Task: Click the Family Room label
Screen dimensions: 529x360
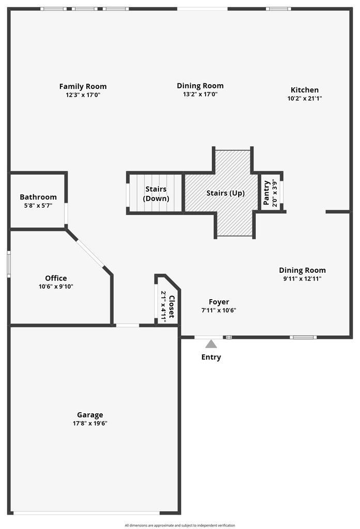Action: click(x=83, y=86)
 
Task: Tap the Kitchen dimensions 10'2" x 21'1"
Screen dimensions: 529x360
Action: click(x=305, y=98)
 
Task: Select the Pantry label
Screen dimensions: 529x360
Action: click(x=266, y=193)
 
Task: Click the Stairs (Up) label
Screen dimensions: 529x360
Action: click(x=225, y=193)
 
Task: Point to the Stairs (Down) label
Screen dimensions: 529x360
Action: click(x=155, y=194)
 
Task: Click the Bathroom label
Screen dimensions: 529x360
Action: click(x=38, y=197)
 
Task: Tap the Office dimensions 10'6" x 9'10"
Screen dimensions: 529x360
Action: click(x=56, y=287)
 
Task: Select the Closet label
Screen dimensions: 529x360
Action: click(x=171, y=306)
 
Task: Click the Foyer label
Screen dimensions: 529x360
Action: click(x=219, y=302)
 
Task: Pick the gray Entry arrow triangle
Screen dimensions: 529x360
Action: click(x=211, y=344)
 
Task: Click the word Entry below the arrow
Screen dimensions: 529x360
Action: click(x=211, y=357)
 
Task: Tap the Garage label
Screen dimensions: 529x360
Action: click(x=90, y=414)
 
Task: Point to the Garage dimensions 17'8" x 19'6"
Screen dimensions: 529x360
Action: click(x=90, y=423)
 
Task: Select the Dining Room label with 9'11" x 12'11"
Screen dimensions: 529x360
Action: click(x=302, y=270)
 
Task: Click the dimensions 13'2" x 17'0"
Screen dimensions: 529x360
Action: click(x=200, y=95)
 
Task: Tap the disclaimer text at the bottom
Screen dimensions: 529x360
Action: click(x=179, y=525)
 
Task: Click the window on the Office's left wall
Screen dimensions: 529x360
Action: click(x=8, y=264)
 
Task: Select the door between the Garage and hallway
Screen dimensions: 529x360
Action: click(x=127, y=325)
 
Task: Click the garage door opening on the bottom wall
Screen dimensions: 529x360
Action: click(x=86, y=513)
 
